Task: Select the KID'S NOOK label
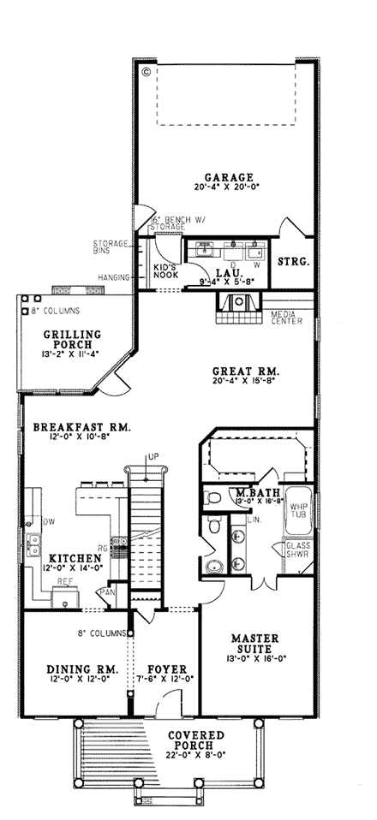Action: coord(165,271)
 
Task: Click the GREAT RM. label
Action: coord(247,371)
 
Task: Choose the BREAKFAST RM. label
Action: coord(81,426)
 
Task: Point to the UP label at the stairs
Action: coord(153,455)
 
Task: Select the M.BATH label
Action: coord(254,492)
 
